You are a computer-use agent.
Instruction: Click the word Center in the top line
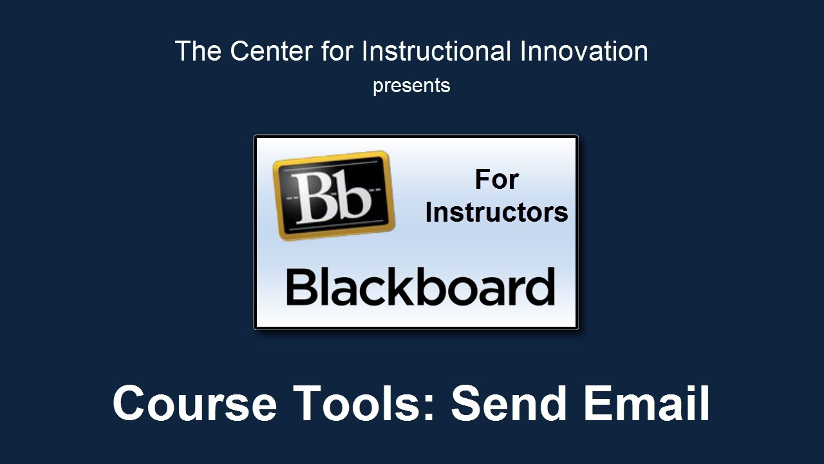[x=272, y=51]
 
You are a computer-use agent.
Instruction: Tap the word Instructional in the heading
[x=436, y=51]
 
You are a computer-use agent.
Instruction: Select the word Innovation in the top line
[x=584, y=51]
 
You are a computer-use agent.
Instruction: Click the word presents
[x=411, y=86]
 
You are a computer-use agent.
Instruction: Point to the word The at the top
[x=198, y=51]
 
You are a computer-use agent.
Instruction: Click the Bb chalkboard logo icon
[x=333, y=195]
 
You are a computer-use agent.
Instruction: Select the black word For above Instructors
[x=496, y=180]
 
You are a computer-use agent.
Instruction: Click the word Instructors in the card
[x=496, y=213]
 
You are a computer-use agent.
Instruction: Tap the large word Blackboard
[x=420, y=287]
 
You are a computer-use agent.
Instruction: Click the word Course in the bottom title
[x=194, y=403]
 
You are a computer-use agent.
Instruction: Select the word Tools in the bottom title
[x=359, y=403]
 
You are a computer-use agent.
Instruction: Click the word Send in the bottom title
[x=509, y=403]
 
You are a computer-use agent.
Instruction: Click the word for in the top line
[x=337, y=51]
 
